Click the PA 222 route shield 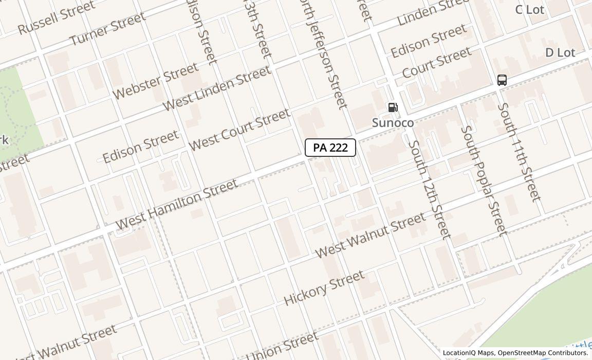tap(330, 148)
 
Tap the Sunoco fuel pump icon tap(393, 107)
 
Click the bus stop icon tap(502, 80)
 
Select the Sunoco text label tap(393, 123)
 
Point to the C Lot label tap(529, 10)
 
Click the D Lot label tap(560, 52)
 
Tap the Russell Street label tap(56, 17)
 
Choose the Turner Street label tap(107, 29)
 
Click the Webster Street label tap(155, 81)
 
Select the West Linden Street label tap(216, 87)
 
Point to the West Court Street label tap(239, 130)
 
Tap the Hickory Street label tap(324, 287)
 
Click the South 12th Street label tap(429, 189)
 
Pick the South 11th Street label tap(519, 152)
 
